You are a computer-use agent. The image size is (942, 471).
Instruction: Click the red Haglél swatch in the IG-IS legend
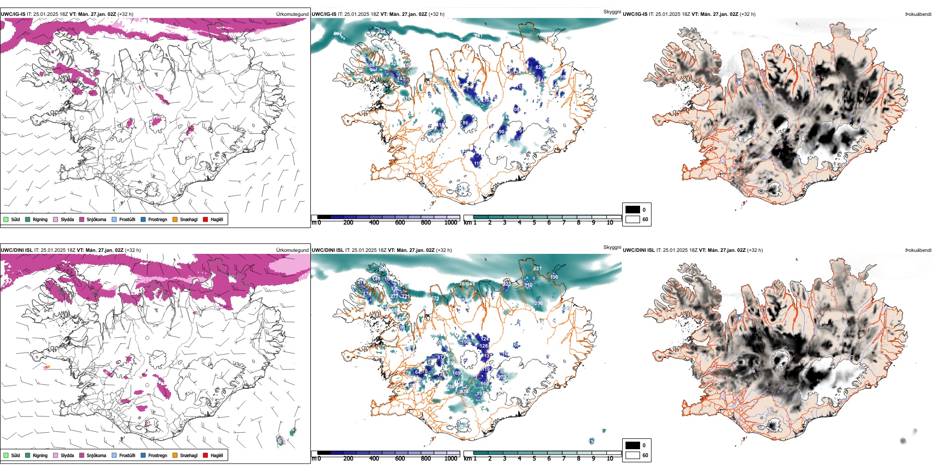(205, 219)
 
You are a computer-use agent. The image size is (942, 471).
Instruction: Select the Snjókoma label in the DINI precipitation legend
(96, 455)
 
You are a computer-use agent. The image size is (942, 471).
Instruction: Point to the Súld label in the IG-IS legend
(15, 219)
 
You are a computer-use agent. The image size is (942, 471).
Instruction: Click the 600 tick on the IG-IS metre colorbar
(400, 223)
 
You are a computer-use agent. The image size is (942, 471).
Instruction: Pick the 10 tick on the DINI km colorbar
(610, 459)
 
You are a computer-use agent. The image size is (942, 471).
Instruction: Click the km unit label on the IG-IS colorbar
(467, 223)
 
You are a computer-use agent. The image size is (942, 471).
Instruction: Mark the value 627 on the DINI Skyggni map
(537, 269)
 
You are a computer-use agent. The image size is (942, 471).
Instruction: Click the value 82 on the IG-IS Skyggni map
(538, 67)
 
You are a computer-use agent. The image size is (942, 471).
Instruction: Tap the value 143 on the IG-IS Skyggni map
(401, 79)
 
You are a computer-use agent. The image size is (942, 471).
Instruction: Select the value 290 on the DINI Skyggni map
(538, 303)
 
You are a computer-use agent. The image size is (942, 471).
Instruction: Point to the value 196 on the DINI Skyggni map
(554, 277)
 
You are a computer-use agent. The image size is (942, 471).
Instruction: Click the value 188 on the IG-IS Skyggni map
(371, 65)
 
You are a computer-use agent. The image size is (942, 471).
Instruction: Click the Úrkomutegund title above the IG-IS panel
(292, 14)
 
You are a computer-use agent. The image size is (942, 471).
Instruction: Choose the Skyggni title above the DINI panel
(612, 247)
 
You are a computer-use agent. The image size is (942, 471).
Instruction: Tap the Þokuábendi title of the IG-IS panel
(918, 14)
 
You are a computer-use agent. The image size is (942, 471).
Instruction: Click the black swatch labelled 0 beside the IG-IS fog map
(633, 210)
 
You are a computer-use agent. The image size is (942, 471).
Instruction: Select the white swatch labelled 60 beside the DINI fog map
(633, 455)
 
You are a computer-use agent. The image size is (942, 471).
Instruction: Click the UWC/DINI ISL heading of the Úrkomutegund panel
(16, 250)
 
